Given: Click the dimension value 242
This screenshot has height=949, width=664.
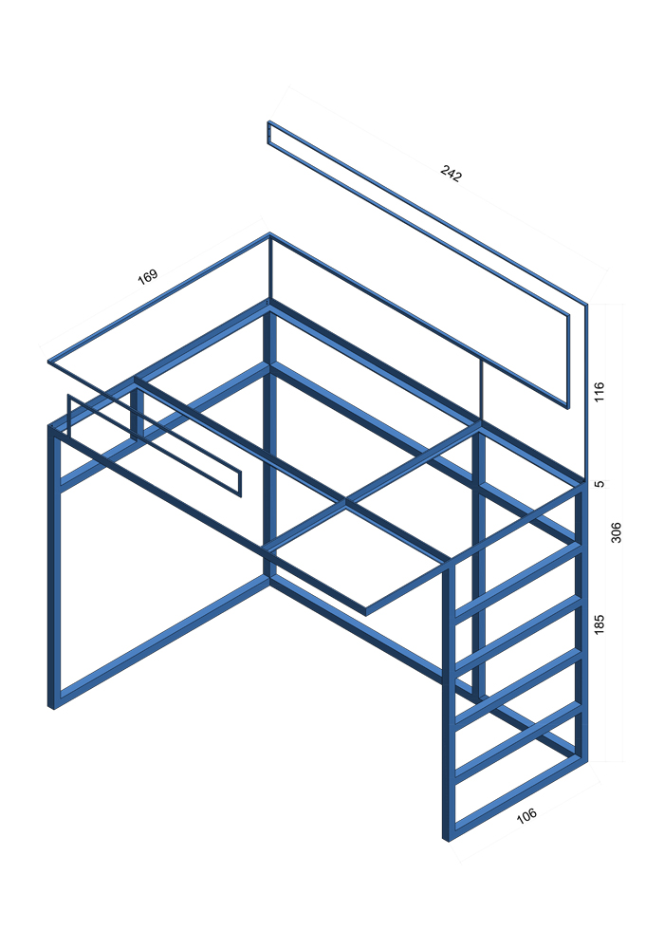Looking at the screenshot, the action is (x=452, y=173).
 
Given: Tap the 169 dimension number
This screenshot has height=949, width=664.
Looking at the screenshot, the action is (x=148, y=276).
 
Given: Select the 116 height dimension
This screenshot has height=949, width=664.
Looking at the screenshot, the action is (x=599, y=393).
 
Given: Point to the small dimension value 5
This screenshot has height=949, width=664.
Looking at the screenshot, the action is (x=599, y=484).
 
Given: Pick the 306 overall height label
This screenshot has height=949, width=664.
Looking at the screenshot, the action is (x=616, y=532).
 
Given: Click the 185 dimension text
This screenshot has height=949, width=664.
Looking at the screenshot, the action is (x=599, y=624).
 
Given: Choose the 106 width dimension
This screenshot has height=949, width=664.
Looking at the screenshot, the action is (x=526, y=815).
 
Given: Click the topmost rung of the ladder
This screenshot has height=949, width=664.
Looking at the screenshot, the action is (x=518, y=581).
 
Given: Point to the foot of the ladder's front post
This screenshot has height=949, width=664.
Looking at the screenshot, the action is (x=448, y=838).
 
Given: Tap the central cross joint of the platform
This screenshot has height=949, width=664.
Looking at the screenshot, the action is (x=345, y=502).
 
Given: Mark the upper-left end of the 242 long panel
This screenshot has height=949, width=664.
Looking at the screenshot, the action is (x=269, y=122).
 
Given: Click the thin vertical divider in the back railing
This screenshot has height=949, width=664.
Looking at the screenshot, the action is (x=481, y=388).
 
